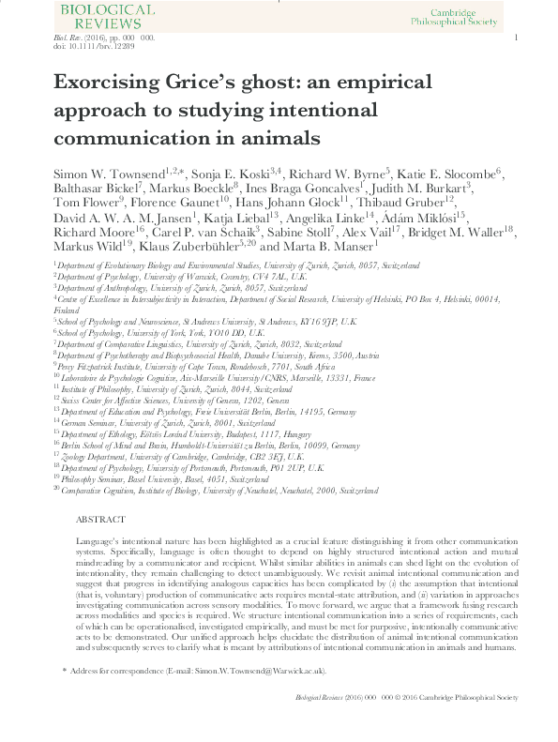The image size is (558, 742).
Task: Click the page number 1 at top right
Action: tap(517, 37)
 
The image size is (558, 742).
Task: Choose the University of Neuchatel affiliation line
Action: tap(217, 490)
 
